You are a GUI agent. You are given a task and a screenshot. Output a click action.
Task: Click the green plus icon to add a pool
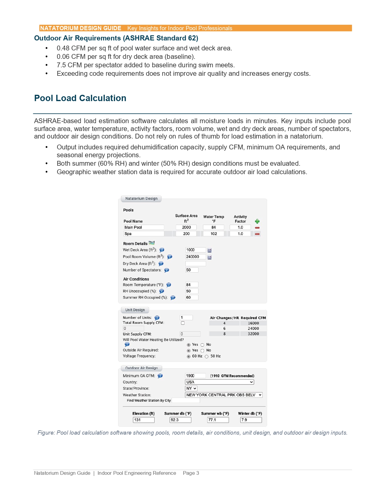click(257, 221)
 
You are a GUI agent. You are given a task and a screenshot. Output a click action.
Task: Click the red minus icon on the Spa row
click(257, 234)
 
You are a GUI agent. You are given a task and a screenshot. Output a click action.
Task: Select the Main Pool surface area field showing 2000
click(186, 227)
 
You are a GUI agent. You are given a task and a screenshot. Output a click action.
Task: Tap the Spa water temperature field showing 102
click(213, 234)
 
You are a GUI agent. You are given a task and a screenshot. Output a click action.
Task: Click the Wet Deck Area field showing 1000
click(195, 250)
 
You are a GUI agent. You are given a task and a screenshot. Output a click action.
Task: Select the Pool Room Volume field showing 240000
click(195, 257)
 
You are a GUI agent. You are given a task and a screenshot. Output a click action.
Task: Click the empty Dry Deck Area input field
click(195, 263)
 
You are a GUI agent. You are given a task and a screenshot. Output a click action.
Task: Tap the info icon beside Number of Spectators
click(167, 270)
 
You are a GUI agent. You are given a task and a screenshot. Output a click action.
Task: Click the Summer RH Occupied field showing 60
click(192, 298)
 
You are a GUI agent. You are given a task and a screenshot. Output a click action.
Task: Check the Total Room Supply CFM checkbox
click(183, 323)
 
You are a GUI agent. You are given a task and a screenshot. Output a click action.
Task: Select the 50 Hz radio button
click(207, 356)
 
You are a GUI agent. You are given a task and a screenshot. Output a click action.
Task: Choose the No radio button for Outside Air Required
click(203, 351)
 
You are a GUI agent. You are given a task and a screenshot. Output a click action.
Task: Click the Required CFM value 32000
click(253, 334)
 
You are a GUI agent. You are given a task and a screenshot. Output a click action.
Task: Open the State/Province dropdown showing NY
click(191, 388)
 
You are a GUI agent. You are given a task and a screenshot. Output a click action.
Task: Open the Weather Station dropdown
click(223, 395)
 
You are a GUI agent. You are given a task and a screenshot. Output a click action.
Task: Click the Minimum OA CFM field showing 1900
click(195, 376)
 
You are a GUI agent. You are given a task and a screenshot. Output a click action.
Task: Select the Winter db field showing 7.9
click(251, 420)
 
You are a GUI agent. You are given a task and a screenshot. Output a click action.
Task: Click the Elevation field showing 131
click(144, 420)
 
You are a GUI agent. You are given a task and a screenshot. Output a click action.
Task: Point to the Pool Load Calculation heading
click(80, 98)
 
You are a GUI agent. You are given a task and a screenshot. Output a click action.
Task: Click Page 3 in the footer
click(191, 473)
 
